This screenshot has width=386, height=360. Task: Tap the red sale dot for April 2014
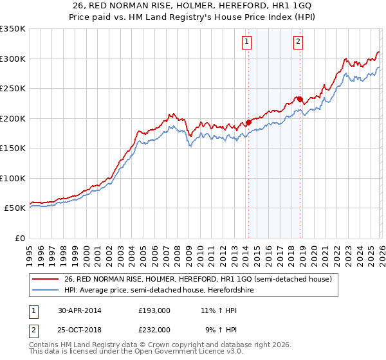pyautogui.click(x=248, y=123)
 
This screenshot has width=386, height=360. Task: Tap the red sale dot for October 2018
pyautogui.click(x=300, y=100)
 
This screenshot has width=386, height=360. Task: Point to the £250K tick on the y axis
pyautogui.click(x=13, y=89)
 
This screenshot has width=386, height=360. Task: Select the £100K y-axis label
pyautogui.click(x=13, y=178)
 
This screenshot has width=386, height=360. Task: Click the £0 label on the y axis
pyautogui.click(x=19, y=238)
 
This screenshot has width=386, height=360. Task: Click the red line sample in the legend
pyautogui.click(x=46, y=279)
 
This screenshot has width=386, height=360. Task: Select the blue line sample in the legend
pyautogui.click(x=46, y=290)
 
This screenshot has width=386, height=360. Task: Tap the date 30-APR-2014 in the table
pyautogui.click(x=79, y=310)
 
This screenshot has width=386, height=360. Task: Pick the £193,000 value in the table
pyautogui.click(x=154, y=310)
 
